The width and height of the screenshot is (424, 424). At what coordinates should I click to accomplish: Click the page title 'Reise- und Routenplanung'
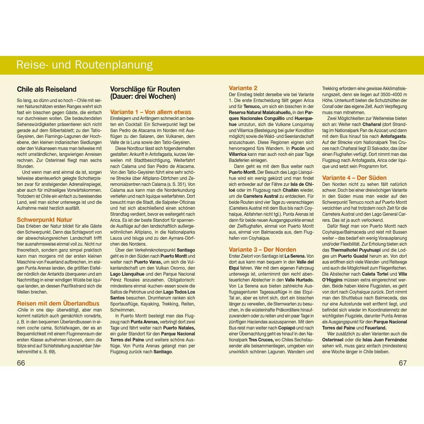coord(85,65)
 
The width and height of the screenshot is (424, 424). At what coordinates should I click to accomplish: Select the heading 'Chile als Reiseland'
coord(47,89)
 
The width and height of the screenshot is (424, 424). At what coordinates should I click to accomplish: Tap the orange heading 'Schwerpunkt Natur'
coord(44,220)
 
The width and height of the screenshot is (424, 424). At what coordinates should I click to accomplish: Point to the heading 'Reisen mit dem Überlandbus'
coord(58,304)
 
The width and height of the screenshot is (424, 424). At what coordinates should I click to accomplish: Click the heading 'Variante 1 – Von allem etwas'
coord(150,112)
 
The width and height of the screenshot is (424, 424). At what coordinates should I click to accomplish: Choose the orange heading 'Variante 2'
coord(243,88)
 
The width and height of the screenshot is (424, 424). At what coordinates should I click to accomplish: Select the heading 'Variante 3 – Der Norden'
coord(262,250)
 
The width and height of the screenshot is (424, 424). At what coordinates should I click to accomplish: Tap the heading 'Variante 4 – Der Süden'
coord(354,178)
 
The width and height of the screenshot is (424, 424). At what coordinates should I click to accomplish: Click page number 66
coord(21,363)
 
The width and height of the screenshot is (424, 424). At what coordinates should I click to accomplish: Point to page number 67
coord(403,363)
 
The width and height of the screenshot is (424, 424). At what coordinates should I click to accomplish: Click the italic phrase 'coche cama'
coord(39,328)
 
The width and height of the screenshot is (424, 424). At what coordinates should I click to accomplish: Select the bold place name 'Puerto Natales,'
coord(179,328)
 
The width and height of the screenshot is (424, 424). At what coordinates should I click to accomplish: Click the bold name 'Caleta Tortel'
coord(375,274)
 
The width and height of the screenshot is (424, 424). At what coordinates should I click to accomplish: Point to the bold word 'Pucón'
coord(298,148)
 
